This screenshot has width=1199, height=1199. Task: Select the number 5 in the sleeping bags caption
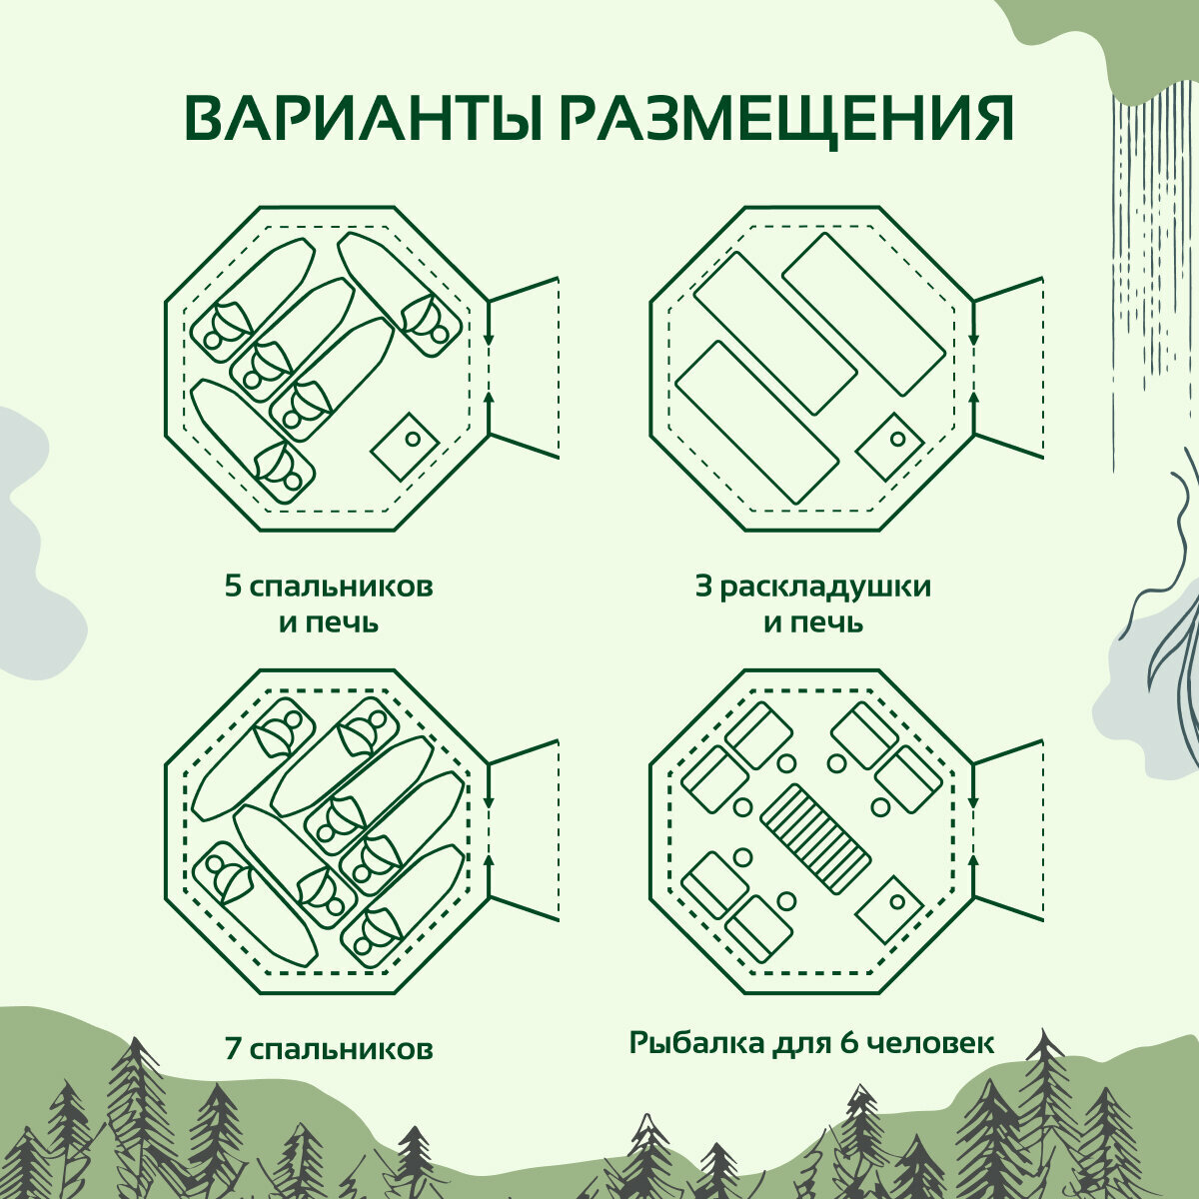coord(233,586)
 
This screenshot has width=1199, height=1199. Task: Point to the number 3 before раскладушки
coord(704,586)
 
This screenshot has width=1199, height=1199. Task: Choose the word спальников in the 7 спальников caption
coord(341,1049)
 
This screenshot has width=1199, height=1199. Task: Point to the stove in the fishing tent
coord(889,909)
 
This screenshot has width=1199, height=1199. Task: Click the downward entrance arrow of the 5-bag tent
coord(489,335)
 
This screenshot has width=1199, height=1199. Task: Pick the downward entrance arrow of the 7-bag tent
coord(489,799)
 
